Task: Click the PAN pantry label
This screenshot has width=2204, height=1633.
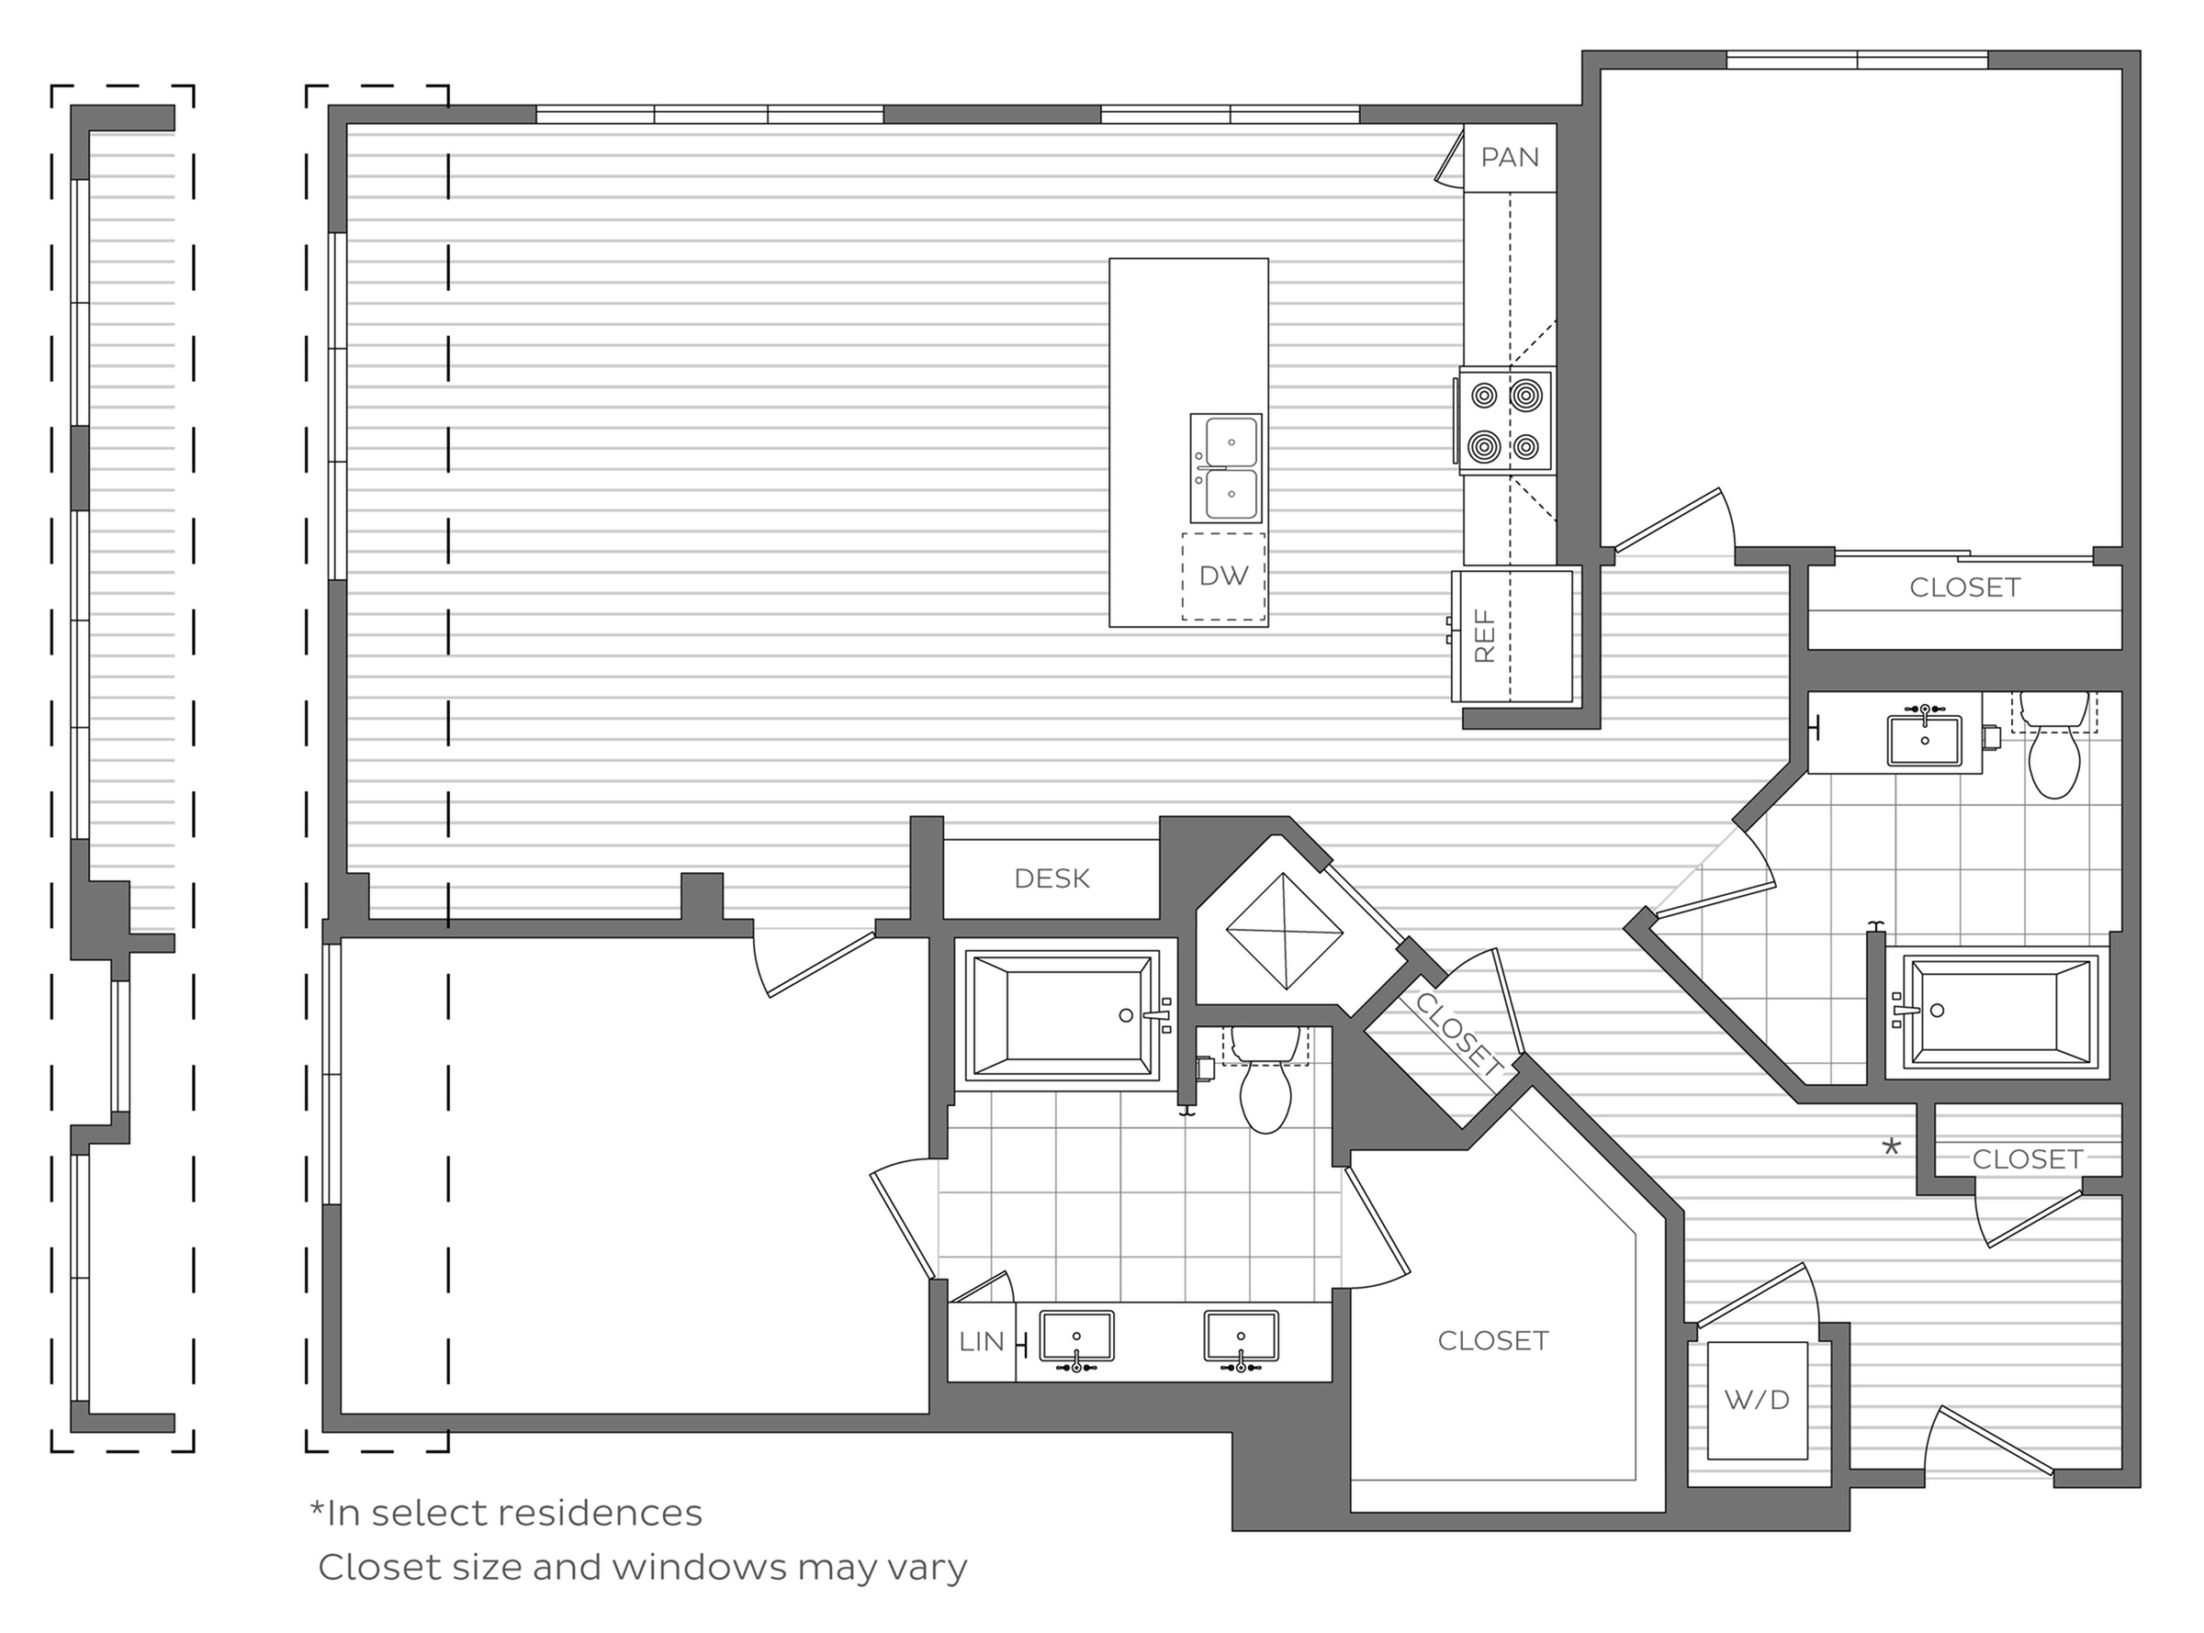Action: click(x=1509, y=157)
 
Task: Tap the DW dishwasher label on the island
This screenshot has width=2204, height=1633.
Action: click(x=1223, y=576)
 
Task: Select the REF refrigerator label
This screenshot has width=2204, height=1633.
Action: click(x=1484, y=634)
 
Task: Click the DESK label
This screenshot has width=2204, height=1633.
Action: click(x=1051, y=878)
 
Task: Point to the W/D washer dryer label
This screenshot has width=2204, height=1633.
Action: click(x=1757, y=1400)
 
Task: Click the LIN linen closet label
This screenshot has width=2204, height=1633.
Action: click(x=981, y=1341)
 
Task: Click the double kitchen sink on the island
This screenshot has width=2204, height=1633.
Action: click(x=1226, y=467)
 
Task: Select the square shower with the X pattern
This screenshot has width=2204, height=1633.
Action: click(x=1284, y=931)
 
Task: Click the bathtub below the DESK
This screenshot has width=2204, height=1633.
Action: click(x=1061, y=1014)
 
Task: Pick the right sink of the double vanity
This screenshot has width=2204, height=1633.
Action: click(x=1240, y=1337)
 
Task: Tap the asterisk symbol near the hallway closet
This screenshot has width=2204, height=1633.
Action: click(x=1891, y=1147)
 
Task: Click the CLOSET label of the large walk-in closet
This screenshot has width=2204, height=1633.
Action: click(x=1492, y=1340)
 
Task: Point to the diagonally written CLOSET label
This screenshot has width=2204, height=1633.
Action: click(x=1459, y=1032)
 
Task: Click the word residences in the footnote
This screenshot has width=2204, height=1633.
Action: click(x=599, y=1513)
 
